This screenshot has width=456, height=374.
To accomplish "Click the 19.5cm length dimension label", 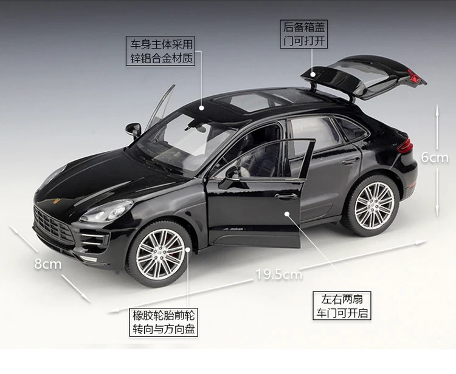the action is (278, 274).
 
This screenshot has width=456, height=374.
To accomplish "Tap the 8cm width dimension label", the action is (47, 263).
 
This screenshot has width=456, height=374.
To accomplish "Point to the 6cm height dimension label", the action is (434, 157).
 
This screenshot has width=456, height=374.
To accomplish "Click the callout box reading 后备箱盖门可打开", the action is (304, 35).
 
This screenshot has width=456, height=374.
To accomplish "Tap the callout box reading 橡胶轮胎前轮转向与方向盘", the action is (165, 323).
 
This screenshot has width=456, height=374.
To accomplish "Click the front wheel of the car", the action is (159, 253).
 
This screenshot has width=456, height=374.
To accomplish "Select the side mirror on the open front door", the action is (233, 173).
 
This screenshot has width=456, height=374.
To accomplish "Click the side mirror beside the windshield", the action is (134, 129).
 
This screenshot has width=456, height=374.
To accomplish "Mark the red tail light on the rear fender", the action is (406, 146).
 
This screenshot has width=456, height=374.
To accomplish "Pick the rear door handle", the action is (350, 161).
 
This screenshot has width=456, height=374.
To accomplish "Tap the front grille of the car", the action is (54, 225).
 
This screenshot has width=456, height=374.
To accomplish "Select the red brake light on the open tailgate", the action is (416, 76).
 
